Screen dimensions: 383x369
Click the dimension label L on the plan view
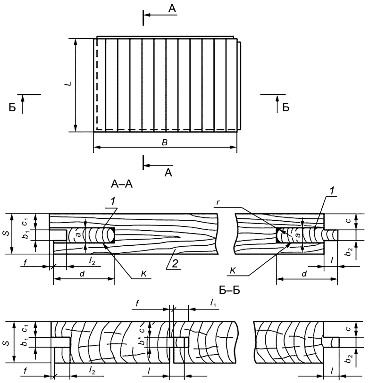click(x=68, y=83)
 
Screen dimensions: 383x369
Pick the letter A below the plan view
click(x=168, y=173)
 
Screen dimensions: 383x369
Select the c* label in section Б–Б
click(x=149, y=325)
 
